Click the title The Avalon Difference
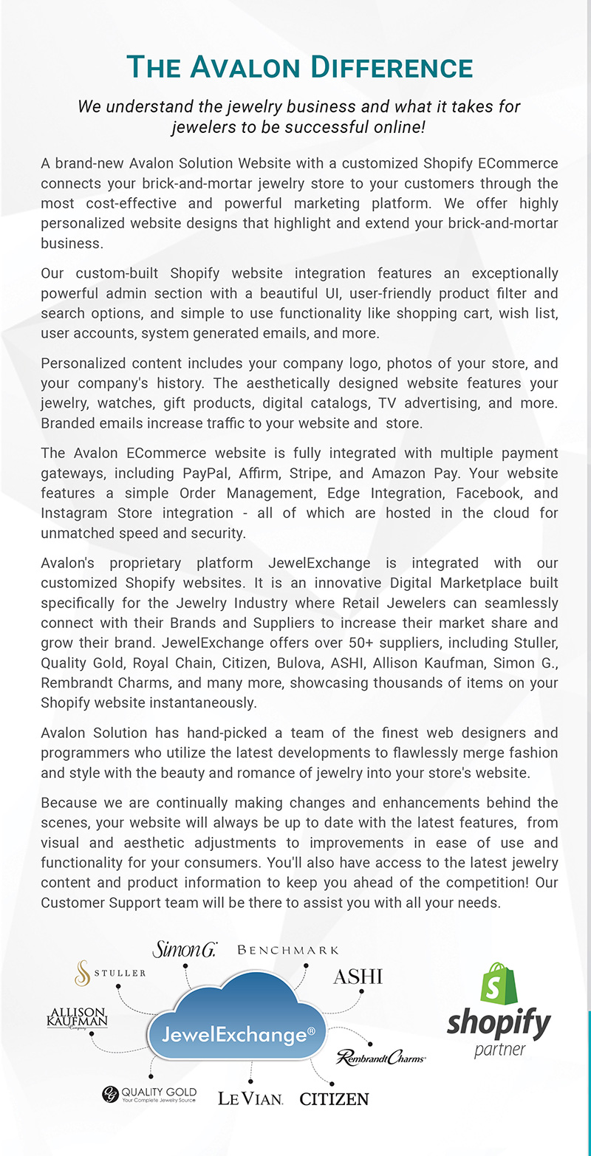coord(299,67)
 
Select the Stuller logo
coord(110,973)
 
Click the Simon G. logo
coord(184,950)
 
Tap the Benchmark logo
coord(288,950)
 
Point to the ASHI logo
coord(358,976)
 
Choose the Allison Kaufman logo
coord(78,1017)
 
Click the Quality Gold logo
coord(149,1093)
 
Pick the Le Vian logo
coord(250,1098)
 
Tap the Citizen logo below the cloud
coord(334,1098)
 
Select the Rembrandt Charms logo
coord(380,1058)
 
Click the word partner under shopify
coord(499,1049)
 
